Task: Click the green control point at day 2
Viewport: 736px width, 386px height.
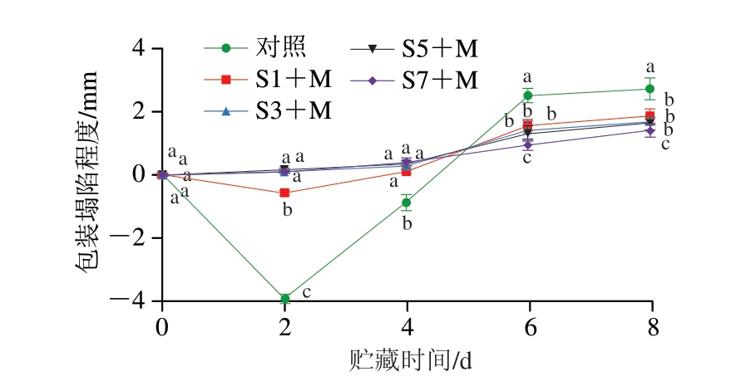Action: coord(285,298)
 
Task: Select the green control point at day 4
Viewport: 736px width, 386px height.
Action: coord(407,202)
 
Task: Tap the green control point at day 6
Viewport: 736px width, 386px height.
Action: coord(528,95)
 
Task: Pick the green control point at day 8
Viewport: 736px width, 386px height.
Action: coord(650,89)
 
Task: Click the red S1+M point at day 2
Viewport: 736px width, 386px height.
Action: coord(285,193)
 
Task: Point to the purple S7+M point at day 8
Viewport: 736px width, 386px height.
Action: coord(650,130)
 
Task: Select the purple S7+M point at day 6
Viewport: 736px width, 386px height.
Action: coord(528,144)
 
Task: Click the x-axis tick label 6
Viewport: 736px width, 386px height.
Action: coord(528,326)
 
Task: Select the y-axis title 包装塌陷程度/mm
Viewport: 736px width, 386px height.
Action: coord(89,174)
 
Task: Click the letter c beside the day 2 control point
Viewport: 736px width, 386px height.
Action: coord(306,292)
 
